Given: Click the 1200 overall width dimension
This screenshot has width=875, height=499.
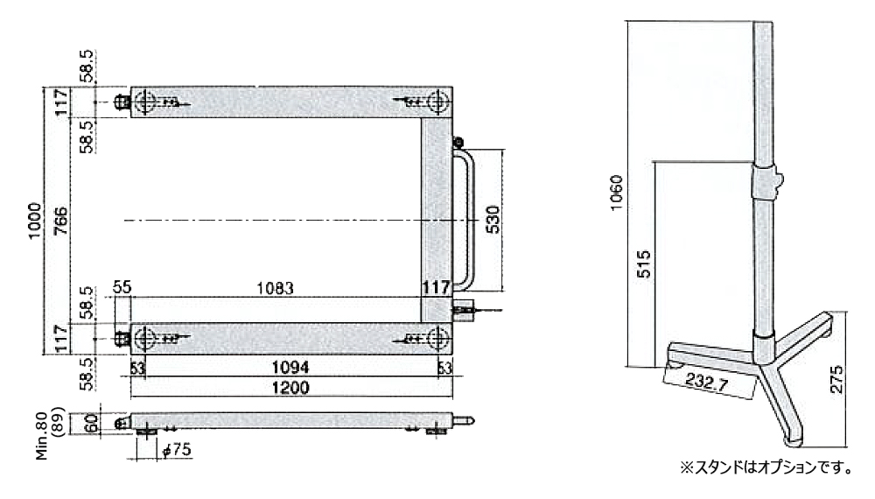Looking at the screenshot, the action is [x=290, y=387].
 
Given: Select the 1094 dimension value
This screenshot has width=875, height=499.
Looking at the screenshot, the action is [x=290, y=368].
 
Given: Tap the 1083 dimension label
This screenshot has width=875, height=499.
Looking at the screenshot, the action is [x=275, y=288].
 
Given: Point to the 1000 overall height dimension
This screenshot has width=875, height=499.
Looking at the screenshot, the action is [x=35, y=221].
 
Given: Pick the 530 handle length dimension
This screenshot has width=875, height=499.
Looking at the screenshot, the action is [x=493, y=220].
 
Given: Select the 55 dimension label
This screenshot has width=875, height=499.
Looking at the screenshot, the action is [x=122, y=287].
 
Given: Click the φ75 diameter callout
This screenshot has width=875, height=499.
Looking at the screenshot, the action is [x=177, y=449].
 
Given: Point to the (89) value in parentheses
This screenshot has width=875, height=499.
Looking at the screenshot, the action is [x=58, y=420].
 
